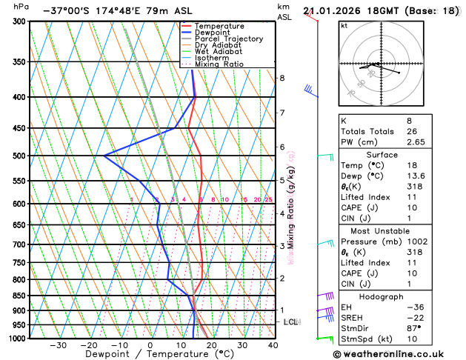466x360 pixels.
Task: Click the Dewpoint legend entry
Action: click(213, 32)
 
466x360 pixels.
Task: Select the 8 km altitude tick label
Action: click(282, 78)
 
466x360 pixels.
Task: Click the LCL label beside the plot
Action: click(290, 322)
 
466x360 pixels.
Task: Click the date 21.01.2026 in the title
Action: click(333, 11)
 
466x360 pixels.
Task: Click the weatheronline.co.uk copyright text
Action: click(400, 354)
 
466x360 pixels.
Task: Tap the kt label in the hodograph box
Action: click(344, 26)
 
